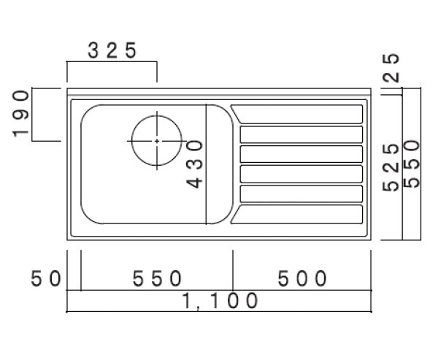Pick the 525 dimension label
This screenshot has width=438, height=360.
[x=391, y=167]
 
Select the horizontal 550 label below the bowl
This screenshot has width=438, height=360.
[x=156, y=278]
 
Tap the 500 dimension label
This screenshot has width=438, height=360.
[x=301, y=278]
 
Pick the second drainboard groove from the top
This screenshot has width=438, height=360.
[x=301, y=134]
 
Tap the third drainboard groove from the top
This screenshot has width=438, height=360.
[x=301, y=154]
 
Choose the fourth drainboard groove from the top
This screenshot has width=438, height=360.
[x=301, y=174]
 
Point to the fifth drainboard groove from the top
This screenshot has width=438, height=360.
[x=301, y=194]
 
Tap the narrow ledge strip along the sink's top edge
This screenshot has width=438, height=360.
[x=219, y=93]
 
